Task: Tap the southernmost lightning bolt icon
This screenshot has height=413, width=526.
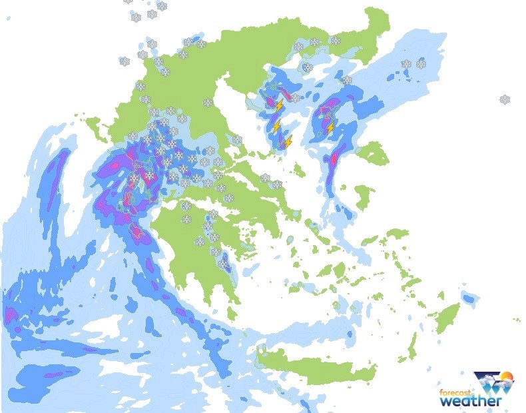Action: [288, 142]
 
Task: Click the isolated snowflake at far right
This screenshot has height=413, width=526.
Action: [505, 99]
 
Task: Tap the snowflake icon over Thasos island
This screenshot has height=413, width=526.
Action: [307, 67]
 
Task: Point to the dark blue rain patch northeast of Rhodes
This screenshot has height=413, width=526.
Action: [469, 298]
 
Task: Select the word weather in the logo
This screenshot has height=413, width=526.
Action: [470, 402]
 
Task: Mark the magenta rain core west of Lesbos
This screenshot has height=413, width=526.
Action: [334, 160]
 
